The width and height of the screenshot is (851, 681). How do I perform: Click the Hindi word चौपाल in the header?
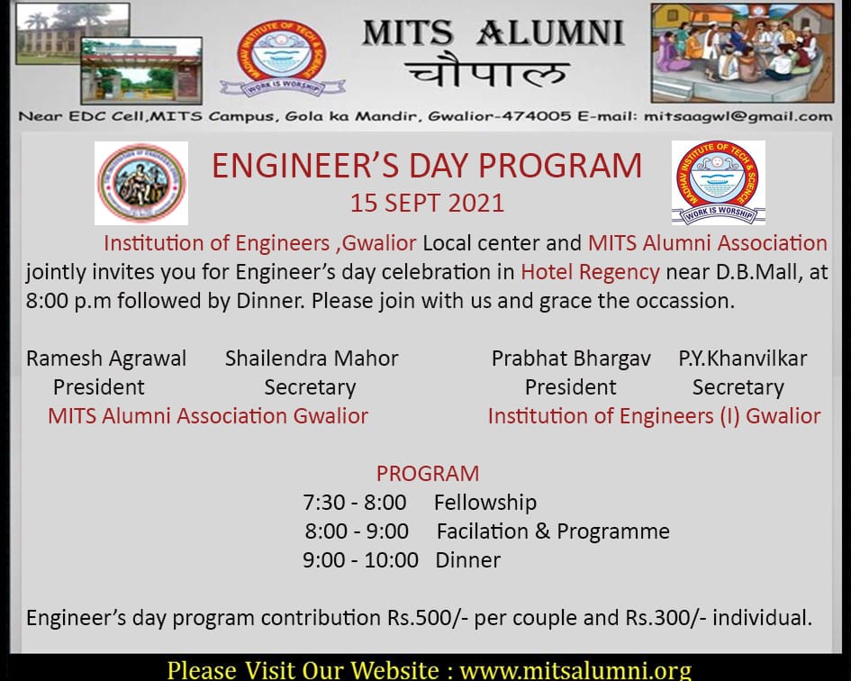pyautogui.click(x=487, y=72)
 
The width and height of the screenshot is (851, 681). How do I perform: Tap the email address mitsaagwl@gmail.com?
pyautogui.click(x=738, y=117)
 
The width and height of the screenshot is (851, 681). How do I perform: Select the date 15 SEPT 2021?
pyautogui.click(x=427, y=203)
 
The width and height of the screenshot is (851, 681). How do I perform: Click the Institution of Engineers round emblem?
pyautogui.click(x=141, y=183)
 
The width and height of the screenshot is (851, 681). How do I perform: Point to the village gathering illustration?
pyautogui.click(x=742, y=52)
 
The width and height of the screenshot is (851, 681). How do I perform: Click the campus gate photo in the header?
pyautogui.click(x=141, y=70)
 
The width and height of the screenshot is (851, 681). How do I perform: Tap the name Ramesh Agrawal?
pyautogui.click(x=106, y=359)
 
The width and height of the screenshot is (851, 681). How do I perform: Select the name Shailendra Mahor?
pyautogui.click(x=312, y=359)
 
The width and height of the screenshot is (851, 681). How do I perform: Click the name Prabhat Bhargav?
pyautogui.click(x=571, y=359)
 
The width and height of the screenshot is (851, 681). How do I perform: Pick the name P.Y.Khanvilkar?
pyautogui.click(x=742, y=359)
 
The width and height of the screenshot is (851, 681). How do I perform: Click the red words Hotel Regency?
pyautogui.click(x=590, y=272)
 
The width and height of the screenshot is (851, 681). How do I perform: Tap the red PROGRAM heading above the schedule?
pyautogui.click(x=428, y=474)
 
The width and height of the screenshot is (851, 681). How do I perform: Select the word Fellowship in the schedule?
pyautogui.click(x=485, y=503)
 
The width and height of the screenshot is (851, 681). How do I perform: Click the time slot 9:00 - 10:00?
pyautogui.click(x=360, y=560)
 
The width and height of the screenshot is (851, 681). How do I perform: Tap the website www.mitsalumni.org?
pyautogui.click(x=575, y=670)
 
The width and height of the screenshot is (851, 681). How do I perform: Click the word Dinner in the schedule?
pyautogui.click(x=468, y=560)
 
